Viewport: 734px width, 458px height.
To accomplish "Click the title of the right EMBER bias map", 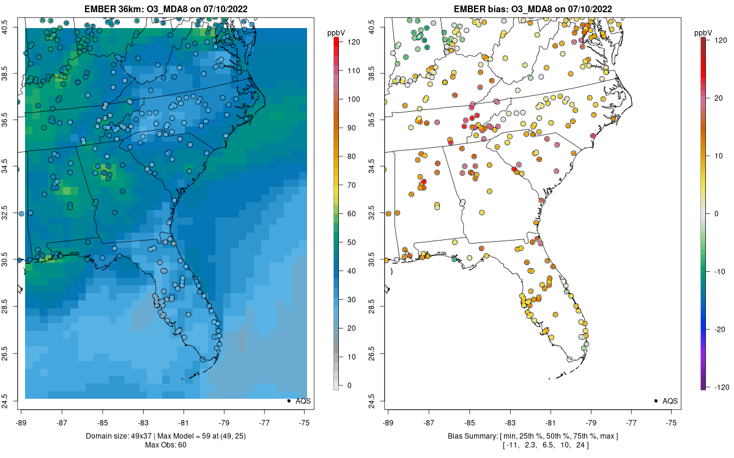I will pyautogui.click(x=533, y=9).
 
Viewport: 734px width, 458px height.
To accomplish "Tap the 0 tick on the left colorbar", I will pyautogui.click(x=349, y=385).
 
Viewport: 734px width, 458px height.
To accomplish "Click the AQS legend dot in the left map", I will pyautogui.click(x=288, y=401).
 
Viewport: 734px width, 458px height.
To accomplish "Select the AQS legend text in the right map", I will pyautogui.click(x=671, y=401).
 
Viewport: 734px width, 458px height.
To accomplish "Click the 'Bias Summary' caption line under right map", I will pyautogui.click(x=533, y=435).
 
